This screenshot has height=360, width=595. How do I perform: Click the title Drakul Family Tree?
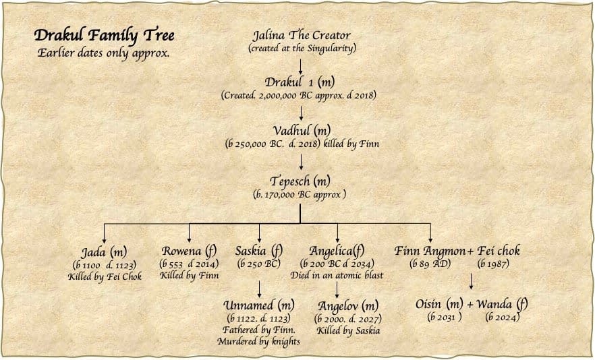pyautogui.click(x=105, y=35)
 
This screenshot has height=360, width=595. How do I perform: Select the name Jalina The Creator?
pyautogui.click(x=302, y=35)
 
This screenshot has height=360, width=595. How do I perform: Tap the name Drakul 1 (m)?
pyautogui.click(x=300, y=82)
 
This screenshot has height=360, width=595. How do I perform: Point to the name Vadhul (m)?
pyautogui.click(x=302, y=131)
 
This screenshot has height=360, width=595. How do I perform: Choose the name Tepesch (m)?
pyautogui.click(x=300, y=181)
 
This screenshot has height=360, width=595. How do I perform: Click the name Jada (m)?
pyautogui.click(x=104, y=252)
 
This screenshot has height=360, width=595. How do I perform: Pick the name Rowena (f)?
pyautogui.click(x=189, y=251)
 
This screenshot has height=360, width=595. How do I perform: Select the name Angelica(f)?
pyautogui.click(x=337, y=251)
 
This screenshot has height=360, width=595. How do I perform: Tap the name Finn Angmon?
pyautogui.click(x=430, y=251)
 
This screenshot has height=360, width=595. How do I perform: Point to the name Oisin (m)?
pyautogui.click(x=439, y=304)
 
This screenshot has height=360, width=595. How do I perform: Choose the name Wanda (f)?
pyautogui.click(x=502, y=304)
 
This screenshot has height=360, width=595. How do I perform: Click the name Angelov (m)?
pyautogui.click(x=348, y=306)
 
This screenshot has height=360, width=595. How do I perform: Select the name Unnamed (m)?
pyautogui.click(x=259, y=305)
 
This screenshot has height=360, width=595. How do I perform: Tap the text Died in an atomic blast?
pyautogui.click(x=337, y=276)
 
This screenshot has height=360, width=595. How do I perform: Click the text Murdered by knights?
pyautogui.click(x=258, y=341)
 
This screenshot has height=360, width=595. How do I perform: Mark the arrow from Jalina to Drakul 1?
pyautogui.click(x=301, y=66)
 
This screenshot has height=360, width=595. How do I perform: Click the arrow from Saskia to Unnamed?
pyautogui.click(x=259, y=289)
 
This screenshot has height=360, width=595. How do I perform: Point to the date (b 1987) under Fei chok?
pyautogui.click(x=493, y=264)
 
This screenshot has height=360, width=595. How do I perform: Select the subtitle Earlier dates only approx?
pyautogui.click(x=103, y=53)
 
